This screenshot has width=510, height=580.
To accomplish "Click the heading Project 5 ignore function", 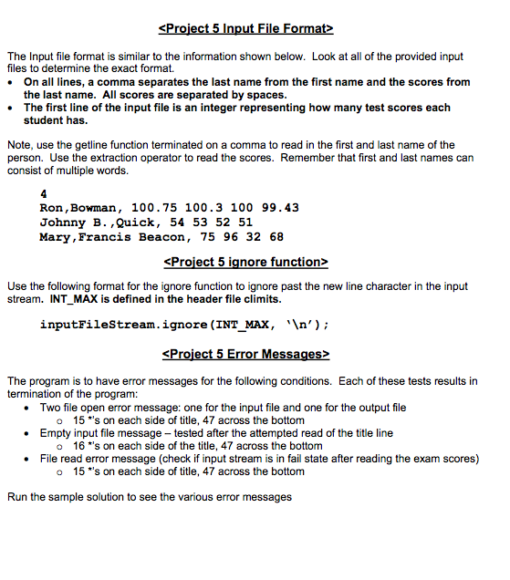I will point(244,263).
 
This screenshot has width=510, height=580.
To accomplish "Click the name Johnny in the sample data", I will point(63,223).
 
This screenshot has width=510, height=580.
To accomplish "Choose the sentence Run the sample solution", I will point(149,497).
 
